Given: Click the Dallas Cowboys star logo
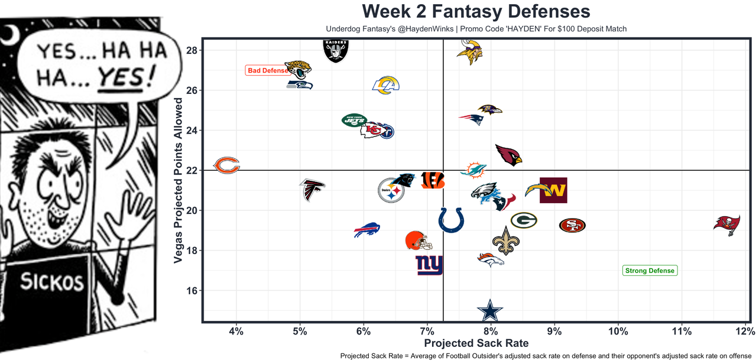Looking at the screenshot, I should (489, 310).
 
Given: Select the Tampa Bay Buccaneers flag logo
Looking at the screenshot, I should (726, 225).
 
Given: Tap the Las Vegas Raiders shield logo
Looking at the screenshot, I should (336, 50).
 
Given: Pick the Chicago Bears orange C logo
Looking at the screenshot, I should (226, 165).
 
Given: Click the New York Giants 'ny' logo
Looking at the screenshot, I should (429, 265).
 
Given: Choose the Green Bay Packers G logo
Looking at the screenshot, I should (524, 221).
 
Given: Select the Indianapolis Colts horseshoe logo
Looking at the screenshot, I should (451, 220).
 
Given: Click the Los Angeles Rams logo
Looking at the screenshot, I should (386, 86).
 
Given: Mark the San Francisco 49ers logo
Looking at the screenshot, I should (572, 225).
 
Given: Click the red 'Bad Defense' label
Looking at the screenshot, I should (267, 71).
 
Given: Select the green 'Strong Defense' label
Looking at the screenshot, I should (650, 271).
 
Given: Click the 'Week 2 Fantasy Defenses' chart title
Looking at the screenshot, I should (476, 11).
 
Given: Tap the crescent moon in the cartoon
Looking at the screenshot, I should (10, 36).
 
